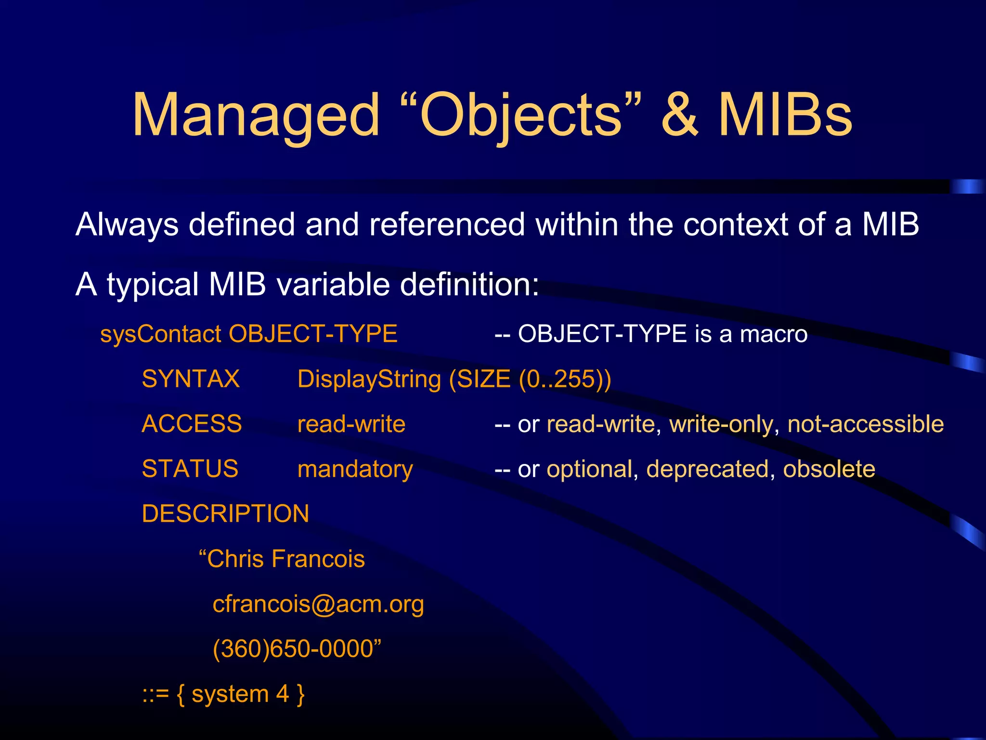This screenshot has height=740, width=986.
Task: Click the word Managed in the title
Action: tap(256, 116)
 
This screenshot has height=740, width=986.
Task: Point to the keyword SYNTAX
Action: tap(191, 379)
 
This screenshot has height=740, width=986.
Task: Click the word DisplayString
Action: tap(369, 379)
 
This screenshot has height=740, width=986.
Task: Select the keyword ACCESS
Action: tap(192, 424)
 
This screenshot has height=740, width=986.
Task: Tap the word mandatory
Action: tap(355, 469)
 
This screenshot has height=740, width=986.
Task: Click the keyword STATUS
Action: tap(190, 469)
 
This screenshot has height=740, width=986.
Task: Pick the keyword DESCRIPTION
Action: tap(225, 514)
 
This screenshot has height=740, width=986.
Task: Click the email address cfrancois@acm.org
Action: tap(318, 604)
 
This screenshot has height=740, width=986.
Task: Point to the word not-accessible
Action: tap(865, 424)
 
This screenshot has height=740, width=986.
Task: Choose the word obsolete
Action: tap(829, 469)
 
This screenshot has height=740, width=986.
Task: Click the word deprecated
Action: tap(707, 469)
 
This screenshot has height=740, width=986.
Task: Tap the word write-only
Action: tap(721, 424)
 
